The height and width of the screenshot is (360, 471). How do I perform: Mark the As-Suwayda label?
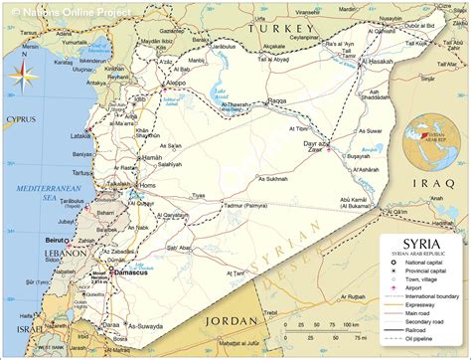pyautogui.click(x=148, y=325)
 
